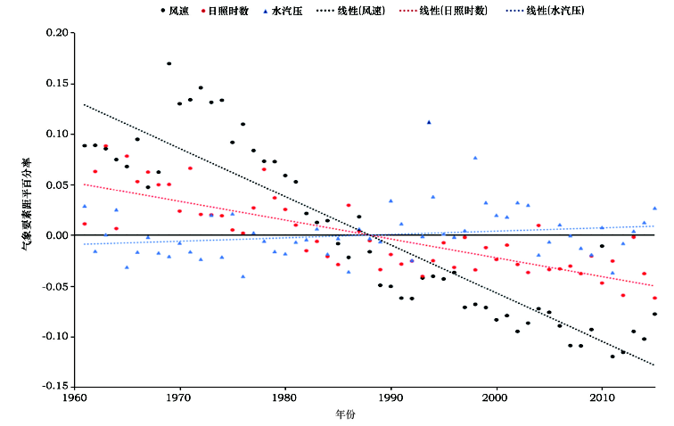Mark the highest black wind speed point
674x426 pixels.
tap(169, 64)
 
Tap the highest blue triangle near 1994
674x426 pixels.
tap(429, 122)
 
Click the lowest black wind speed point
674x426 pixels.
tap(612, 356)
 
